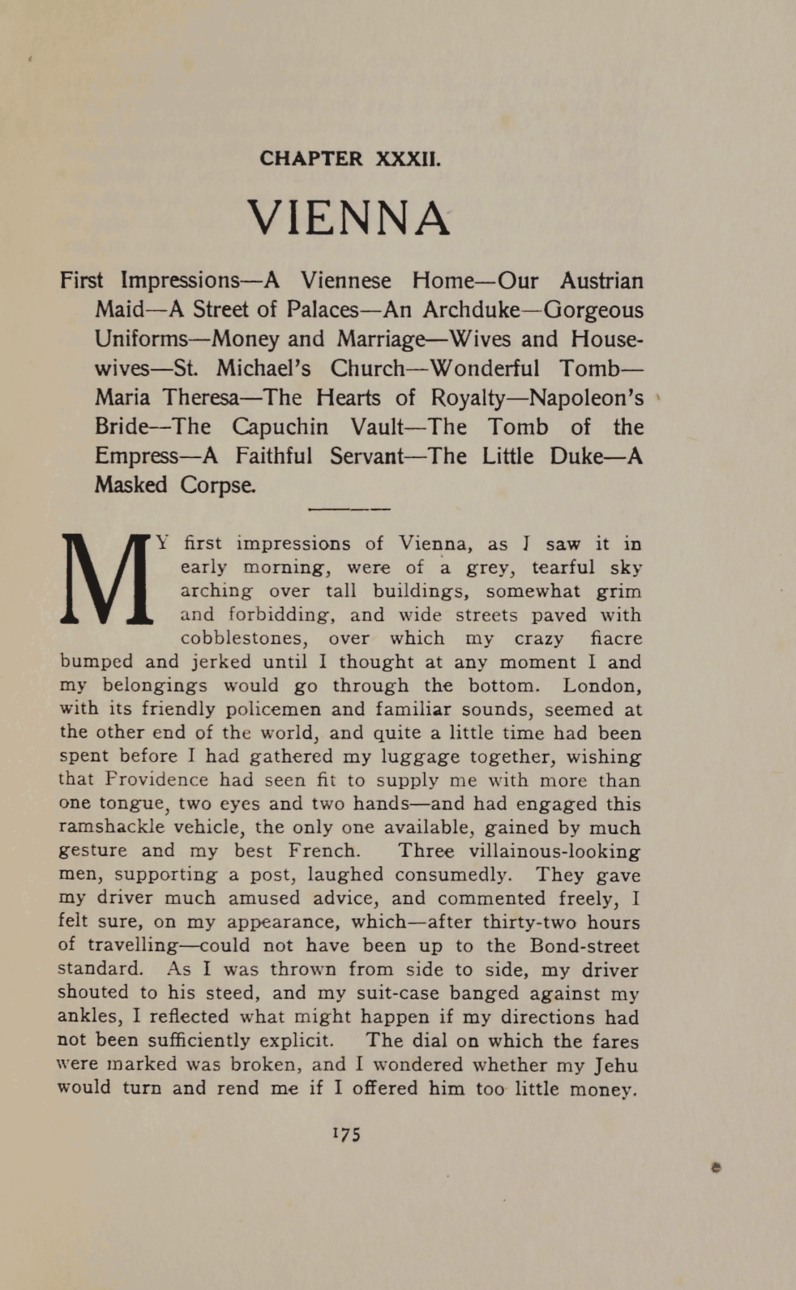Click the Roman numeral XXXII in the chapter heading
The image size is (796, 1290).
click(408, 159)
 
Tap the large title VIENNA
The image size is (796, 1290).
click(349, 218)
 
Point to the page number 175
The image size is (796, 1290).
click(347, 1134)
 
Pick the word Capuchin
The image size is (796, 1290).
click(280, 427)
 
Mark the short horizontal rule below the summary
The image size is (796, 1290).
click(349, 509)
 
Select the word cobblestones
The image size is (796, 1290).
click(242, 638)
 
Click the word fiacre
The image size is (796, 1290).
click(617, 638)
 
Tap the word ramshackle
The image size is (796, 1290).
click(111, 828)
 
